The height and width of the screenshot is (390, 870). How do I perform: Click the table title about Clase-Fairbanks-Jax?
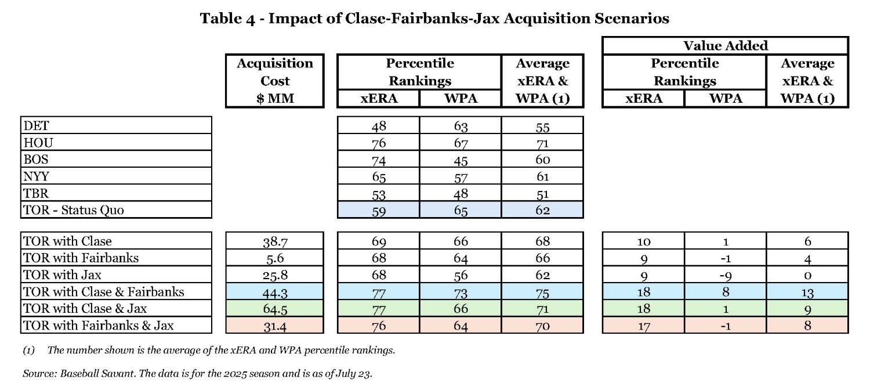coord(434,19)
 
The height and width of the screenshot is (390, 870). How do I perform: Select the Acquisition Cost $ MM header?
coord(274,81)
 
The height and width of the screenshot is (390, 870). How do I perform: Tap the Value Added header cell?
coord(725,46)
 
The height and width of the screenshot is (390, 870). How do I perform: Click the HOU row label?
coord(35,142)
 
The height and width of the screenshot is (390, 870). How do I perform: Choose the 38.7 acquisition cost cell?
coord(274,241)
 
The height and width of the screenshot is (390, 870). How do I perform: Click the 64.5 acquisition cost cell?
coord(274,308)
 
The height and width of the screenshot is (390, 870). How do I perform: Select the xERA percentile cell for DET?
coord(378,125)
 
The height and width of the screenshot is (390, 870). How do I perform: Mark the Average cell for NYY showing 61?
coord(542,176)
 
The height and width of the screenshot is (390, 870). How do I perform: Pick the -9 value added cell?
coord(725,275)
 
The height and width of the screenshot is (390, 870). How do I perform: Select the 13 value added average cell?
coord(807,291)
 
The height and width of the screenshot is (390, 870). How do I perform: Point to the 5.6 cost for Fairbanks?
coord(274,258)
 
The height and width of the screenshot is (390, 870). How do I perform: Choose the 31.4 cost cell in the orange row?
coord(274,324)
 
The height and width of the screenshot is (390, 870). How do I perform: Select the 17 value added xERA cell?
coord(644,324)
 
